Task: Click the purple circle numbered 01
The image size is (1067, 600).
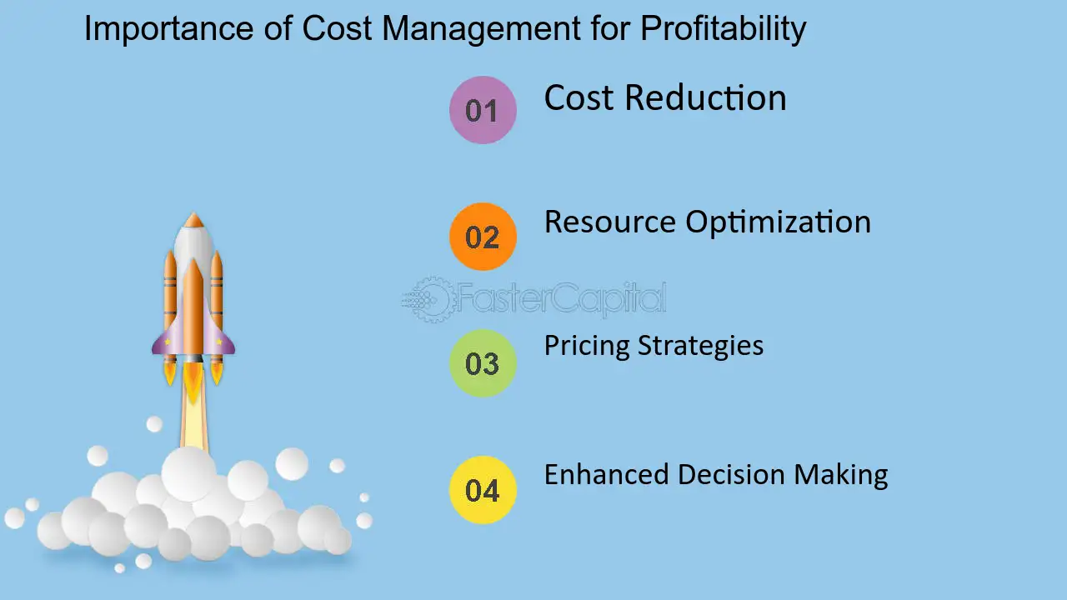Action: pyautogui.click(x=483, y=110)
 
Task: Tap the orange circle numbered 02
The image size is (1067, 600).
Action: pyautogui.click(x=483, y=237)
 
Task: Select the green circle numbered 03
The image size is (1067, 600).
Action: pyautogui.click(x=483, y=363)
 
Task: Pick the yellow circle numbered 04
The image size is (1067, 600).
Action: pyautogui.click(x=483, y=490)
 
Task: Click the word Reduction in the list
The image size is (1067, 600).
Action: pyautogui.click(x=705, y=97)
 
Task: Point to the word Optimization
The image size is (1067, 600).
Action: pyautogui.click(x=779, y=222)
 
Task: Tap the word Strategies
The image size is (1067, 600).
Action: pyautogui.click(x=700, y=346)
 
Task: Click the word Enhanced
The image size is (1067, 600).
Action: pyautogui.click(x=606, y=474)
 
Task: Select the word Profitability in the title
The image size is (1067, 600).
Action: pyautogui.click(x=723, y=29)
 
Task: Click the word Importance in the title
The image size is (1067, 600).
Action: pyautogui.click(x=168, y=29)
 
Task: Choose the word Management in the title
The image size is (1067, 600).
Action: pyautogui.click(x=482, y=29)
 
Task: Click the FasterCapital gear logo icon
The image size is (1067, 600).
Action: pyautogui.click(x=428, y=299)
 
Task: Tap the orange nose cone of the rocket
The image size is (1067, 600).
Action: pyautogui.click(x=193, y=220)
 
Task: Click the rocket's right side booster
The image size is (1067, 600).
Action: pyautogui.click(x=217, y=291)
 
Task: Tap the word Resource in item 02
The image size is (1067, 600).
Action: pyautogui.click(x=609, y=222)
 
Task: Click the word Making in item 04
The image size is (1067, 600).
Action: pyautogui.click(x=841, y=475)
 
